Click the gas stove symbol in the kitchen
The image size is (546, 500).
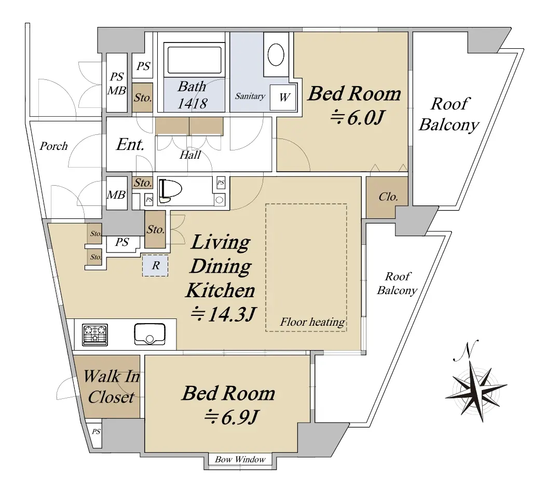(x=95, y=335)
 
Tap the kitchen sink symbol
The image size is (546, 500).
(x=149, y=334)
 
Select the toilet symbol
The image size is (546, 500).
(x=171, y=191)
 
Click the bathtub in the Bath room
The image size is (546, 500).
(x=194, y=60)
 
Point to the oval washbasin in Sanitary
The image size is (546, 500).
(x=276, y=54)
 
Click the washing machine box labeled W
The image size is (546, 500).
(x=283, y=97)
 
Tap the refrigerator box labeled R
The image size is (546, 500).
(x=155, y=266)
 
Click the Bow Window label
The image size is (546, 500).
(x=240, y=460)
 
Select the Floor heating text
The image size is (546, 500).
(x=312, y=322)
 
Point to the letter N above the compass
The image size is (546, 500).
(x=466, y=350)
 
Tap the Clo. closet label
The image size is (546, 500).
(x=388, y=197)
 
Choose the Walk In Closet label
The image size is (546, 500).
(x=112, y=387)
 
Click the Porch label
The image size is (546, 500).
(x=53, y=146)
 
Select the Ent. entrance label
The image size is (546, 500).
(x=130, y=144)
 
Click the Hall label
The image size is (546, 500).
(x=190, y=155)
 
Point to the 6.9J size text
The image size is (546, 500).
(x=231, y=418)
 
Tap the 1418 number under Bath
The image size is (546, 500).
(x=192, y=103)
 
